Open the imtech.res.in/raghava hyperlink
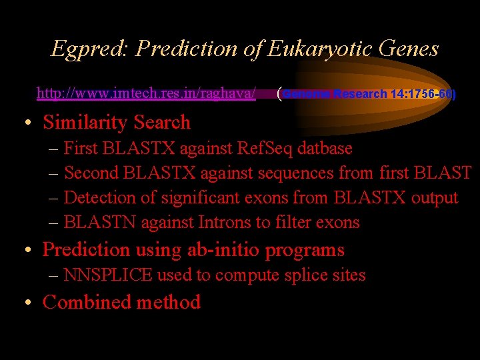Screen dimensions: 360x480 tap(146, 93)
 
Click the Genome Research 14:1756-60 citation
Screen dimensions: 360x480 tap(367, 94)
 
